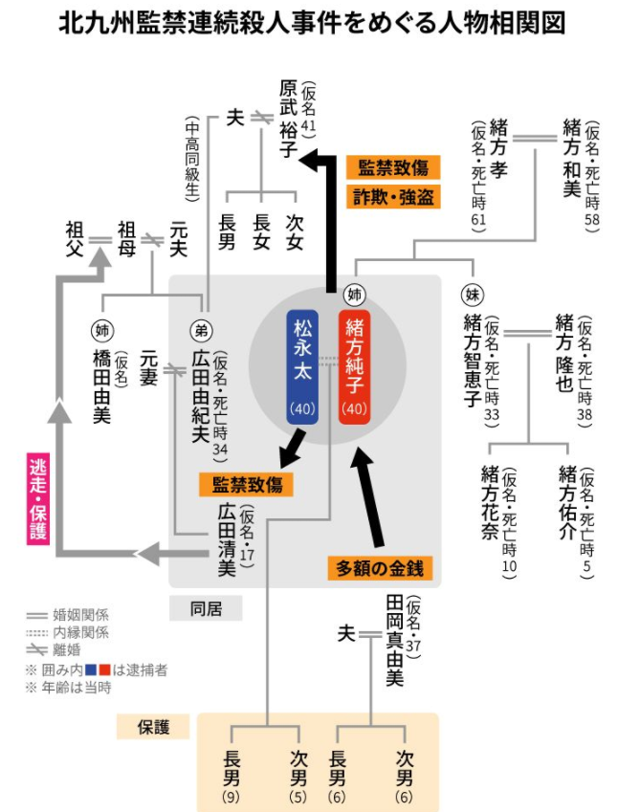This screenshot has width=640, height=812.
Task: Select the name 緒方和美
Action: tap(571, 158)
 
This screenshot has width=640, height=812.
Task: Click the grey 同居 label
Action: tap(205, 606)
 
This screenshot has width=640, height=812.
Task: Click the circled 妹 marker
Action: tap(471, 294)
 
